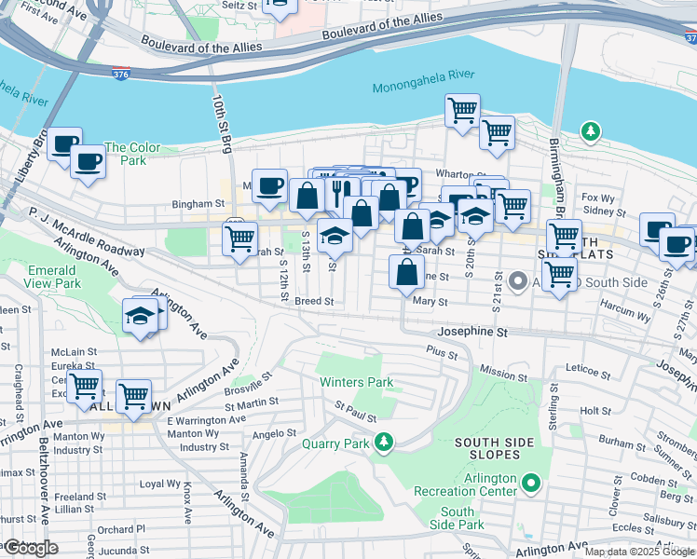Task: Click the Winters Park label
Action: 356,382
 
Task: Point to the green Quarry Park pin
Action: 381,441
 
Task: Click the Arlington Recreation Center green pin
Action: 531,483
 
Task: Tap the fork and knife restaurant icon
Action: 336,190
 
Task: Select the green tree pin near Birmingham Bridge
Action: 589,131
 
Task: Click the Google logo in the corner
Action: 30,548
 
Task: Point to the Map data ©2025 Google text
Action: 639,552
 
